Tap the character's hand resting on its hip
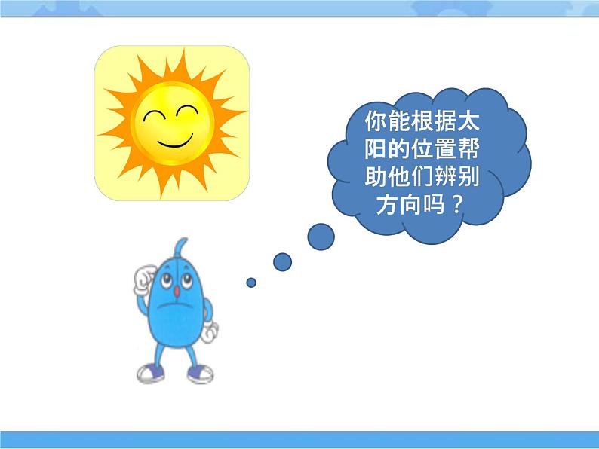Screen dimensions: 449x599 (x=209, y=331)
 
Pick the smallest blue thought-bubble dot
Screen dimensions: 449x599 (x=251, y=283)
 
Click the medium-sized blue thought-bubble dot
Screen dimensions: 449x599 (x=282, y=261)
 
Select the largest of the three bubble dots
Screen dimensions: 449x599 (x=321, y=237)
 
